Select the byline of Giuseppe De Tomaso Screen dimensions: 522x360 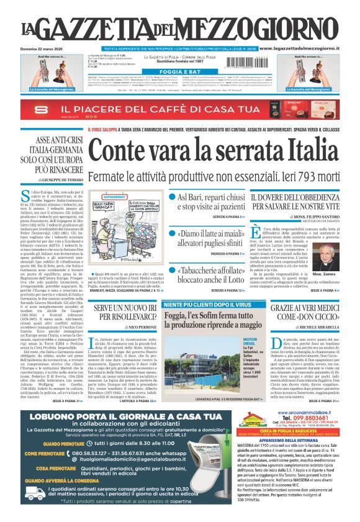coord(56,178)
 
